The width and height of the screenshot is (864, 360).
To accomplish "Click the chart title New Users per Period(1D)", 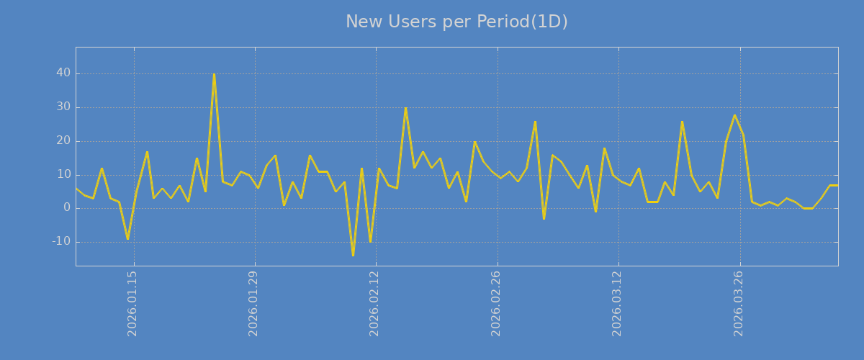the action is [x=456, y=22].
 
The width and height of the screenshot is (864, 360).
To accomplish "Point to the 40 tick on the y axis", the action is [x=63, y=73].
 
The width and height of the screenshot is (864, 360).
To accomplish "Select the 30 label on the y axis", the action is [x=63, y=107].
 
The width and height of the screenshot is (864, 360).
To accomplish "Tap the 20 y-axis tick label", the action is [x=63, y=141].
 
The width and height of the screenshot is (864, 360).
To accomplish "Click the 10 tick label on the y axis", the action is [x=63, y=175].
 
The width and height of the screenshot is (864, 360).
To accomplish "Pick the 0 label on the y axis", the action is [x=67, y=208].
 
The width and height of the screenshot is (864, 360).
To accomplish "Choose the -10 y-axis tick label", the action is [x=61, y=242].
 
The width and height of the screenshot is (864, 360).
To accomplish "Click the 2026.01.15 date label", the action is [x=132, y=304].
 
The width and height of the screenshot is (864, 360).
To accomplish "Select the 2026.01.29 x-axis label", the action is [x=253, y=304].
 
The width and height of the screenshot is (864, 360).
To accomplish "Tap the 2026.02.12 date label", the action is [x=374, y=304].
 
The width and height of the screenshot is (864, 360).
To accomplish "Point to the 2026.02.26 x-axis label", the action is [x=495, y=304].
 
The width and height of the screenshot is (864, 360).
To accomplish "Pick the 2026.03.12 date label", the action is [x=617, y=304].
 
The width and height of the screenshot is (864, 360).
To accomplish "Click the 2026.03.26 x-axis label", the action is [x=738, y=304].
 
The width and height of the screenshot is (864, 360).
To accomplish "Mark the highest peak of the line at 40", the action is [x=214, y=74].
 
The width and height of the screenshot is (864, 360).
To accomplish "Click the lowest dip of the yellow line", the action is [x=353, y=256].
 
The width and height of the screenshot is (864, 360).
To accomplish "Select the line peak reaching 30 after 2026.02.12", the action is [x=405, y=108].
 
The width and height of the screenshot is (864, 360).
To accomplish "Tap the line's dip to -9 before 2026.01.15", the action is [x=127, y=239].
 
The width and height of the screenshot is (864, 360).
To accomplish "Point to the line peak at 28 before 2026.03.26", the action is [x=734, y=115].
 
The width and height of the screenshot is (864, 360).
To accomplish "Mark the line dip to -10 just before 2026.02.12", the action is [x=370, y=242].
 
